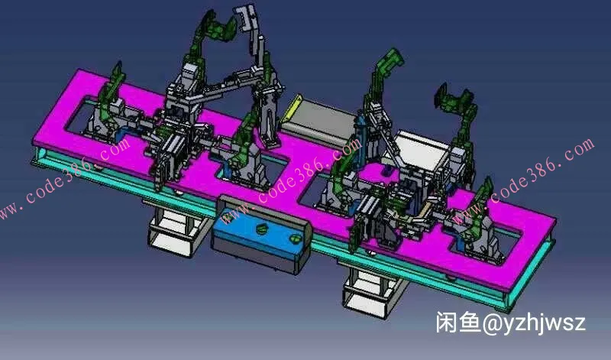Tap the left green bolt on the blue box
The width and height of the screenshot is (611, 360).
261,229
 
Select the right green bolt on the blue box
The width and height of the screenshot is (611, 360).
296,238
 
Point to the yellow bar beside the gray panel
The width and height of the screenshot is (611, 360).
293,107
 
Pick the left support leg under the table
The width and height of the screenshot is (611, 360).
176,231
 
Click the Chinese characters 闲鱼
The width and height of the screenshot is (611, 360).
458,323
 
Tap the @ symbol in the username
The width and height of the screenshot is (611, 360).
493,324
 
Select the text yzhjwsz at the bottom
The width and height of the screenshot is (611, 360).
545,324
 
